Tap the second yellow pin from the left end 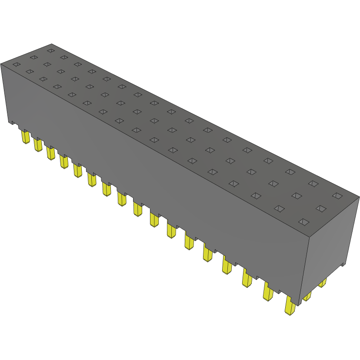38,145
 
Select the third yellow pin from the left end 50,153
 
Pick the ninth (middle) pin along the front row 137,209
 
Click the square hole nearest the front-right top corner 304,222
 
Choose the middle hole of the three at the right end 321,209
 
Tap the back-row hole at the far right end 337,196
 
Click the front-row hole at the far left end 17,65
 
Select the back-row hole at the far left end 50,50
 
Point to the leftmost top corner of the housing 1,63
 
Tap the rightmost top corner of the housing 359,197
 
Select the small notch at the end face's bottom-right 343,264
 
